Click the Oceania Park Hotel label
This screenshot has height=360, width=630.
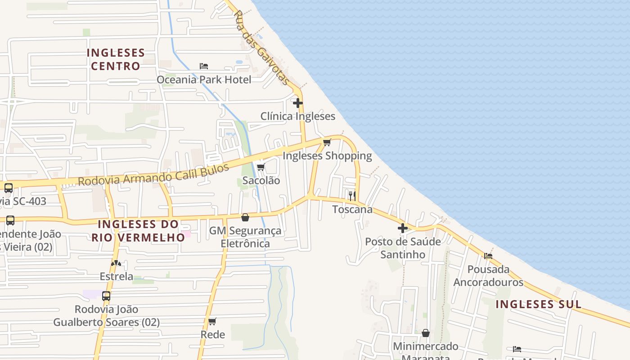click(x=204, y=80)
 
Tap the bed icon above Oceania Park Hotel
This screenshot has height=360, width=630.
click(x=204, y=66)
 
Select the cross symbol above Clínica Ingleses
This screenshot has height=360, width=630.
click(x=297, y=103)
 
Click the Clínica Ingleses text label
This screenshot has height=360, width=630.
click(x=298, y=116)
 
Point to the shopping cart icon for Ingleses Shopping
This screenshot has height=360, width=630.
click(x=327, y=143)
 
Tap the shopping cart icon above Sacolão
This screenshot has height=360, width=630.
click(x=261, y=167)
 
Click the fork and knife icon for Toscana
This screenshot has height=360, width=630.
click(x=352, y=196)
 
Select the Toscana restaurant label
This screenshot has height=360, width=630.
click(x=352, y=209)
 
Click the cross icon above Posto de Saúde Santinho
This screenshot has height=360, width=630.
click(x=402, y=228)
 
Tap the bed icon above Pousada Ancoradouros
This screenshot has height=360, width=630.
click(x=488, y=256)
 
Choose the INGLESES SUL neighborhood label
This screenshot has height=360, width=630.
click(x=538, y=304)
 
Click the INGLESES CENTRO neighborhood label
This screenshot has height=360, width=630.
click(x=116, y=59)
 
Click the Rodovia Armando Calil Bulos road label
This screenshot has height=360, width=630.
click(x=153, y=175)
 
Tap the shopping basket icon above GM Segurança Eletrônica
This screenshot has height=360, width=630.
click(x=245, y=218)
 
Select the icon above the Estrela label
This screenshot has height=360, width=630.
click(x=116, y=263)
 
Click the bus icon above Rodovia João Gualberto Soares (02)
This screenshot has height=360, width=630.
click(x=106, y=296)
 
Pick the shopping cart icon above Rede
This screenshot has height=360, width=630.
click(x=212, y=321)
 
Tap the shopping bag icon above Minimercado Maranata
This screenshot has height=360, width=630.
click(x=425, y=333)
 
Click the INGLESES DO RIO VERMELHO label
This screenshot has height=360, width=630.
click(x=138, y=230)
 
